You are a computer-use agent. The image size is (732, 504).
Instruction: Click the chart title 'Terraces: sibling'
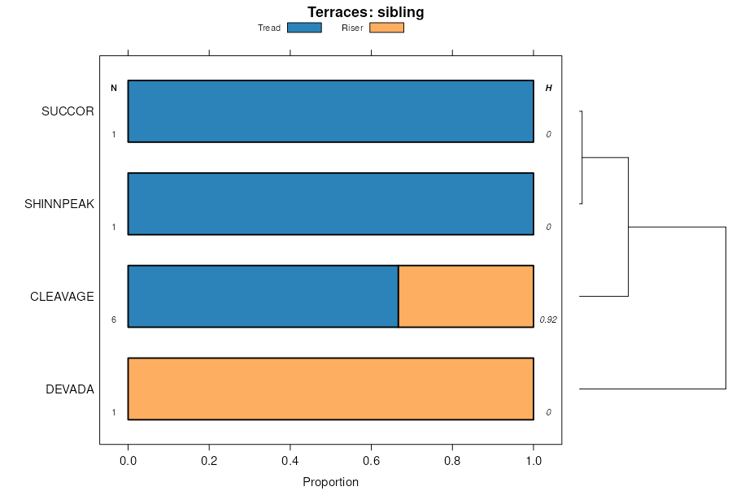click(x=365, y=12)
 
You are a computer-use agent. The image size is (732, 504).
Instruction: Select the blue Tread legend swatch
click(x=304, y=28)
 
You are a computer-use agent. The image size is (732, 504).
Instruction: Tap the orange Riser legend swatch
click(x=386, y=28)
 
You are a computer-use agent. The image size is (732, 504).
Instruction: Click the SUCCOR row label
click(x=68, y=111)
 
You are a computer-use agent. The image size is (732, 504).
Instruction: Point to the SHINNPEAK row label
click(x=59, y=204)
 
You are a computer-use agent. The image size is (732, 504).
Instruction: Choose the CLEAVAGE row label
click(x=62, y=297)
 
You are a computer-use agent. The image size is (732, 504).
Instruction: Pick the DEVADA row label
click(x=70, y=389)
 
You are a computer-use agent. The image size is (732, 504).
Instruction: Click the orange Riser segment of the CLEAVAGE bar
click(x=465, y=296)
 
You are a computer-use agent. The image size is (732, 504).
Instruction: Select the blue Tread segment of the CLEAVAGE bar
click(x=263, y=296)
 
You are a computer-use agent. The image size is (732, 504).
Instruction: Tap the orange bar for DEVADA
click(x=330, y=389)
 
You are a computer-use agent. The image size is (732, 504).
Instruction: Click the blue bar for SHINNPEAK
click(x=330, y=203)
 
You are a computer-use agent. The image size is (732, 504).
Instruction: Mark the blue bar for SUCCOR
click(x=330, y=111)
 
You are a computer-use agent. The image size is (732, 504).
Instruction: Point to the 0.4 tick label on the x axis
click(x=290, y=461)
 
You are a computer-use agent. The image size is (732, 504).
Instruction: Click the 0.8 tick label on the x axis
click(x=452, y=461)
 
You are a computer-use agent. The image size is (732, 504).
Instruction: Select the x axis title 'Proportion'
click(x=330, y=482)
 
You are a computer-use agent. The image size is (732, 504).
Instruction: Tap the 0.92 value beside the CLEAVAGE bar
click(x=548, y=320)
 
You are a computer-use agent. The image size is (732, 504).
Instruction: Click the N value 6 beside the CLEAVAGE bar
click(x=114, y=320)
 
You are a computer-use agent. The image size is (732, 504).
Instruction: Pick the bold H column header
click(x=548, y=88)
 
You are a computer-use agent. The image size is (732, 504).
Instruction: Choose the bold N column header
click(x=114, y=88)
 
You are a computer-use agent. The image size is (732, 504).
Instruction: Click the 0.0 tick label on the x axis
click(x=128, y=461)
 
